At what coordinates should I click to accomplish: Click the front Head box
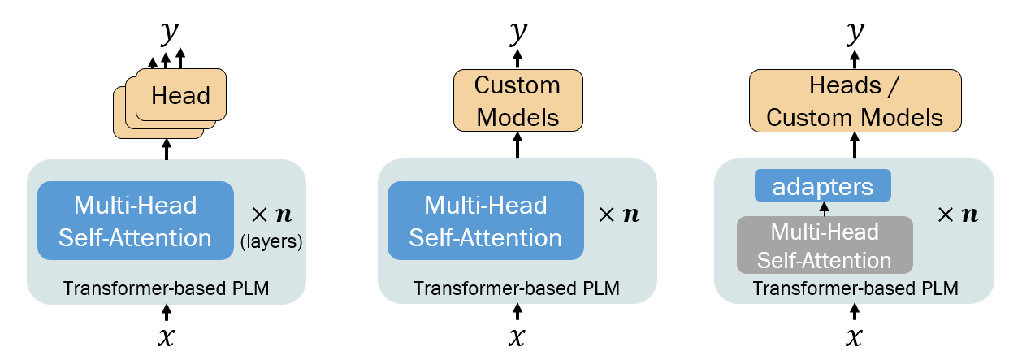(180, 96)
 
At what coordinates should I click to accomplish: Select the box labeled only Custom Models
(517, 100)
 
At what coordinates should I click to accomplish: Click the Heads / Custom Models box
(855, 101)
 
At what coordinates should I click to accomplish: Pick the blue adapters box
(822, 186)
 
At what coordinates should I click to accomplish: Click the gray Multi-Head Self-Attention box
(825, 246)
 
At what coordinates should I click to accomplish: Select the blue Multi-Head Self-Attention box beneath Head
(136, 221)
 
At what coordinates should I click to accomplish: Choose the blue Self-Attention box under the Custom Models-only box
(485, 221)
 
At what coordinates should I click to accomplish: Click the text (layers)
(272, 241)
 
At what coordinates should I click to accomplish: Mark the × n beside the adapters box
(957, 215)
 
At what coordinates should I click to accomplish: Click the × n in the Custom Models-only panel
(619, 215)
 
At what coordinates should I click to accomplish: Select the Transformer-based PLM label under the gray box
(855, 288)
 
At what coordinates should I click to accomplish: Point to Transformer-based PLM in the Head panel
(166, 288)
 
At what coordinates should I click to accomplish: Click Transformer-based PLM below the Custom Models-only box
(517, 288)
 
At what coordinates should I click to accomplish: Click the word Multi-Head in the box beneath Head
(135, 206)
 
